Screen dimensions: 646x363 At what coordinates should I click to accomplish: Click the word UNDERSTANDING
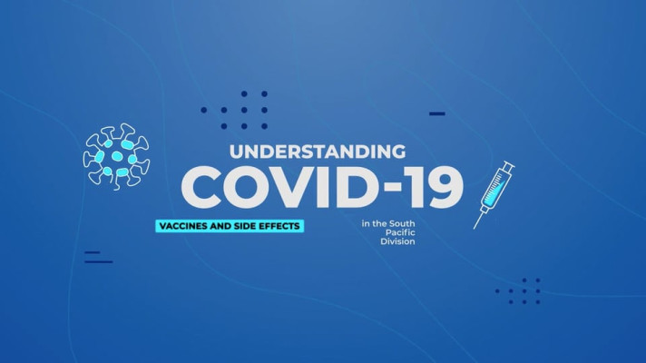click(x=318, y=152)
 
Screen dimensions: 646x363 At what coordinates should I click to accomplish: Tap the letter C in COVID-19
click(x=201, y=187)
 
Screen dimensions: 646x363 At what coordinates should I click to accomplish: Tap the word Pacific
click(x=400, y=233)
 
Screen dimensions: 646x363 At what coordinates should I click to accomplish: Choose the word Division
click(x=397, y=241)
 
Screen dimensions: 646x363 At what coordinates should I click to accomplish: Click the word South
click(x=402, y=224)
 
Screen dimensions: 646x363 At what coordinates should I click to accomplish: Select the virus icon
click(x=117, y=157)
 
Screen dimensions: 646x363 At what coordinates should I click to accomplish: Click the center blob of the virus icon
click(x=117, y=156)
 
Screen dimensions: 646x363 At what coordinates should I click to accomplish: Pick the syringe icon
click(x=494, y=194)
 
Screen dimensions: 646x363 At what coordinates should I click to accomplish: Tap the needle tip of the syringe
click(x=474, y=229)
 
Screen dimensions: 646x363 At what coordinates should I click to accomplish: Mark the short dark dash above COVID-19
click(x=437, y=113)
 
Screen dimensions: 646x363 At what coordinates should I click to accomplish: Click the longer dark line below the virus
click(x=99, y=261)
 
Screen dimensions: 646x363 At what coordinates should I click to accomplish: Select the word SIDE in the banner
click(x=243, y=226)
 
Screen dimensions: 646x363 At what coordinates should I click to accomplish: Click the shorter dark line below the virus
click(x=93, y=252)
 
